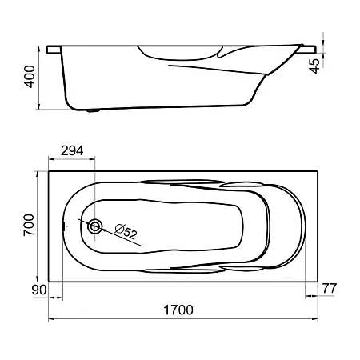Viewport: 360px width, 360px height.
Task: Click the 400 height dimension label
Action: [30, 77]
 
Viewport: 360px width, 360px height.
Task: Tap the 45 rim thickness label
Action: [315, 66]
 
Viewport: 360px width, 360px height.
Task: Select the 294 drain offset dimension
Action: [72, 151]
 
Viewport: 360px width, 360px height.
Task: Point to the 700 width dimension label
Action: [29, 225]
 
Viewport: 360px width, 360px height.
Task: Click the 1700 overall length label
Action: [178, 310]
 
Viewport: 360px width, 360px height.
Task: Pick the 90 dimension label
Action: [39, 290]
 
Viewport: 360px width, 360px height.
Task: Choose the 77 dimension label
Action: [330, 289]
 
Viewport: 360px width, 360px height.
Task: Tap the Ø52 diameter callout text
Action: [126, 231]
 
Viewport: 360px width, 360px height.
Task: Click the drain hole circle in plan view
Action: [95, 226]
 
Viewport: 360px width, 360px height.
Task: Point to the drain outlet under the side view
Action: [93, 110]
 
